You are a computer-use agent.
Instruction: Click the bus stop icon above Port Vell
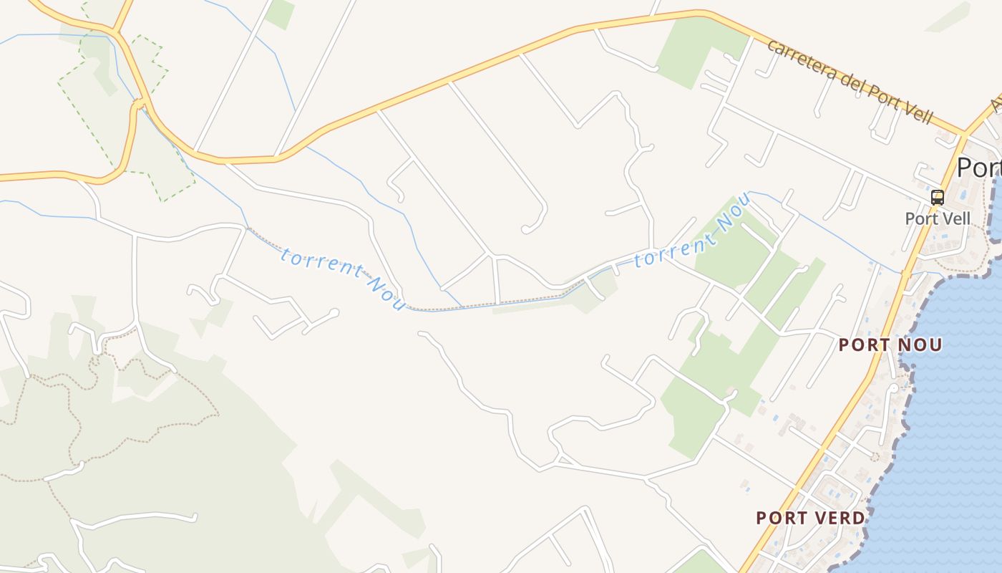937,198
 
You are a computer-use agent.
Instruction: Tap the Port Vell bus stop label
938,218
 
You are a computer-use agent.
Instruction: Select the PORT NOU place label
890,345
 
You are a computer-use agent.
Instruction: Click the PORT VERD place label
810,518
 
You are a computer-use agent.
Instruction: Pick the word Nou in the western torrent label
386,294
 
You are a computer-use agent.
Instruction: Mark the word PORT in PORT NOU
862,345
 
